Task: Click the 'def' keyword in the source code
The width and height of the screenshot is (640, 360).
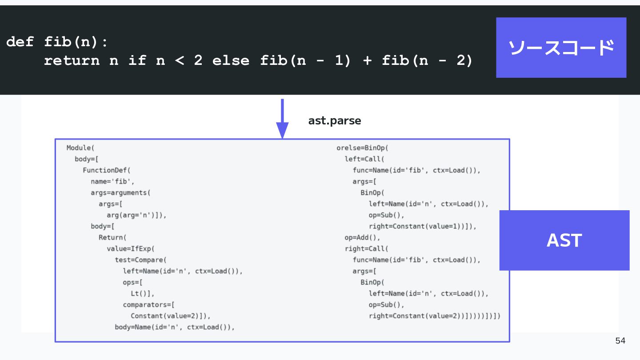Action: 20,42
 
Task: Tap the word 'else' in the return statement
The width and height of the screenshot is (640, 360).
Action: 231,60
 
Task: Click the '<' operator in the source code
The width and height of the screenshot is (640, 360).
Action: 180,60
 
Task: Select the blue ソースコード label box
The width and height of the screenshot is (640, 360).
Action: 561,48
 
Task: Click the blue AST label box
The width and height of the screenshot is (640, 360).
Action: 564,240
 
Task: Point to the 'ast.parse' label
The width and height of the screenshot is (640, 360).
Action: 335,121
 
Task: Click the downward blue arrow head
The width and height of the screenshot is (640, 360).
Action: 282,130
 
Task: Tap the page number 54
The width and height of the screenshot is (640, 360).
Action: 620,340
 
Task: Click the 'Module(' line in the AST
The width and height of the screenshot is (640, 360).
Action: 80,148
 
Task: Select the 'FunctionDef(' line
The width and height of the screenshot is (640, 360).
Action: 106,170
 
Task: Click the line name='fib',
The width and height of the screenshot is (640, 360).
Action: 112,181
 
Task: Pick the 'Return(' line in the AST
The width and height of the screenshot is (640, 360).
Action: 112,237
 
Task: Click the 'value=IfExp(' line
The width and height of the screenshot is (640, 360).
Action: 130,249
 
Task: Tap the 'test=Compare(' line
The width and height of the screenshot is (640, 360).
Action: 140,260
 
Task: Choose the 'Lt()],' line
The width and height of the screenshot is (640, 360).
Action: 142,294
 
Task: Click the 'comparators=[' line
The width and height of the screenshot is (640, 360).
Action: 148,305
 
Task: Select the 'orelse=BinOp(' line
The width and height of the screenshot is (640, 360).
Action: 362,148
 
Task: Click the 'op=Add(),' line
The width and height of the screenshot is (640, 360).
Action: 362,238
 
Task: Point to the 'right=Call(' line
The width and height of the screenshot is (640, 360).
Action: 366,249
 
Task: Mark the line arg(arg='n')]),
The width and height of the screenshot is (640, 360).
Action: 136,215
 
